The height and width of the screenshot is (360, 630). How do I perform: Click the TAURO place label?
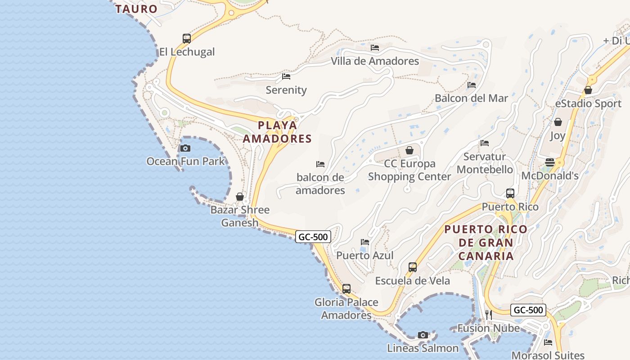point(136,9)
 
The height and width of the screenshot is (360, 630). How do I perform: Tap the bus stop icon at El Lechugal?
point(187,39)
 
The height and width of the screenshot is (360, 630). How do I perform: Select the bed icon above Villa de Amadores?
point(375,48)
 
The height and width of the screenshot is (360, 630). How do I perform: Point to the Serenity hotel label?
point(286,90)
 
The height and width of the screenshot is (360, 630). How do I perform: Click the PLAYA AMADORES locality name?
point(278,132)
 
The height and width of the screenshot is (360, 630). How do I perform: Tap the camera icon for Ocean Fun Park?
point(185,148)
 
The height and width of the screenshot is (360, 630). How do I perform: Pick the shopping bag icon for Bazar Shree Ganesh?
point(240,197)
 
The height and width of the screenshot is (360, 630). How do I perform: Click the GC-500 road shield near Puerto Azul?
point(313,237)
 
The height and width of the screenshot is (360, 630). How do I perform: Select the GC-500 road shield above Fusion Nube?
point(528,310)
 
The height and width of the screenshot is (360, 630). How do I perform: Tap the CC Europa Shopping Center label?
point(409,170)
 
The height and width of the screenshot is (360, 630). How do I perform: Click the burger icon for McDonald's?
point(550,162)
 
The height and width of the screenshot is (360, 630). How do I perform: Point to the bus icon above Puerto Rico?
point(510,193)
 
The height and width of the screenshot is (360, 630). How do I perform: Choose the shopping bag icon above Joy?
point(558,122)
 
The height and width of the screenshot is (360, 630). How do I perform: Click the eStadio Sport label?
point(588,103)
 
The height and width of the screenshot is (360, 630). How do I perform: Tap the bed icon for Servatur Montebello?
point(485,143)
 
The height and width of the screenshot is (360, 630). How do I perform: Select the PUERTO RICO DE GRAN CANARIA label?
point(486,243)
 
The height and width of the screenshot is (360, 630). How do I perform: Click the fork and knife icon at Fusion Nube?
point(489,315)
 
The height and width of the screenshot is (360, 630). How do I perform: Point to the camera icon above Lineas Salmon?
point(423,335)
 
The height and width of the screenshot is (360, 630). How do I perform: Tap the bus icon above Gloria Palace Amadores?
point(346,289)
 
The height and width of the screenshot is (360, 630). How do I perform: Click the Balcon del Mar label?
point(471,98)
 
